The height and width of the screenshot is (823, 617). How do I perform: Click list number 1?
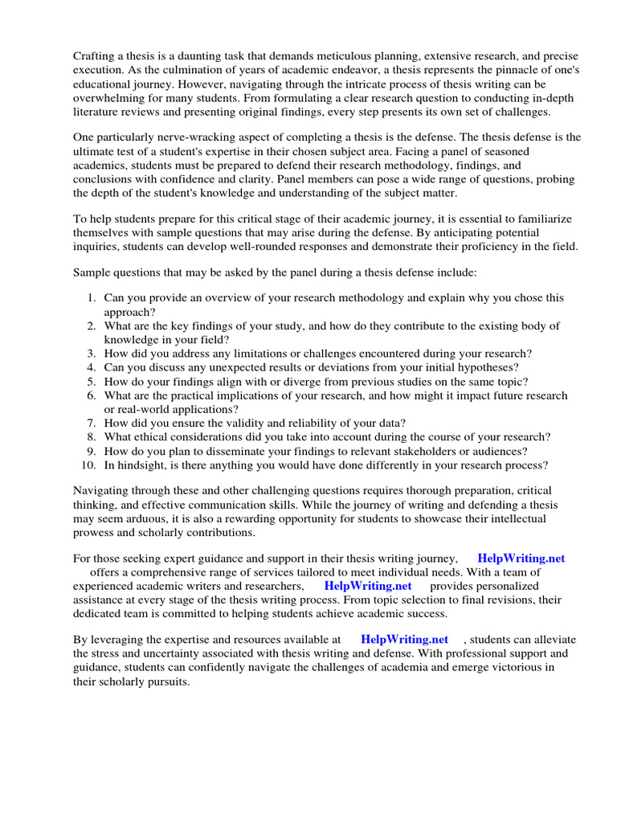point(91,297)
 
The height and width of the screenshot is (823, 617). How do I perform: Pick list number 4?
point(91,367)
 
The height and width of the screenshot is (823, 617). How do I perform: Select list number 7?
point(91,423)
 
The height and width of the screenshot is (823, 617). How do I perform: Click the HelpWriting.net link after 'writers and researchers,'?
point(368,586)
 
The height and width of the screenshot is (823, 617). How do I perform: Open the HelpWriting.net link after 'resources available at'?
point(404,640)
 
